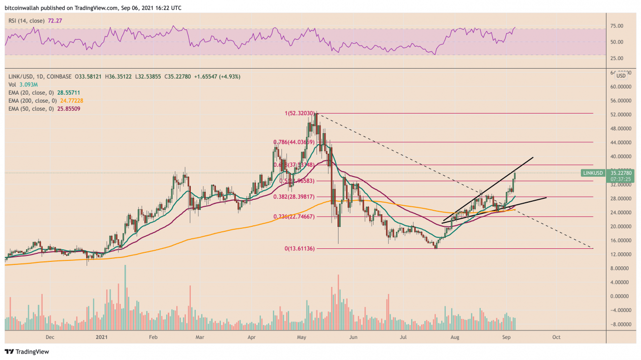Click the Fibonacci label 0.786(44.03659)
point(293,142)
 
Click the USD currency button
point(621,76)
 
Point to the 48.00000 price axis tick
point(620,129)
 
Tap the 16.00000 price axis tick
point(620,240)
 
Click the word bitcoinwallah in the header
point(22,8)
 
